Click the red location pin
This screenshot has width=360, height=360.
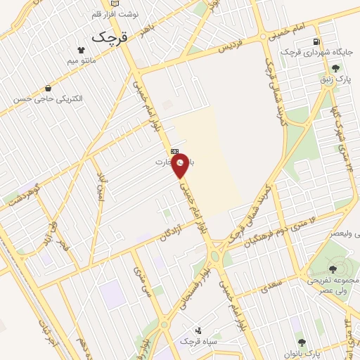click(x=181, y=167)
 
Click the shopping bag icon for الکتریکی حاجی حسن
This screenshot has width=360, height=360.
click(x=47, y=89)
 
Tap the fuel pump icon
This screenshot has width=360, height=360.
click(x=317, y=41)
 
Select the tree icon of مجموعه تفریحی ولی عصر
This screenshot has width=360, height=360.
click(x=333, y=269)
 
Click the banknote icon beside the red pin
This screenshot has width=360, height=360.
click(x=174, y=151)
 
